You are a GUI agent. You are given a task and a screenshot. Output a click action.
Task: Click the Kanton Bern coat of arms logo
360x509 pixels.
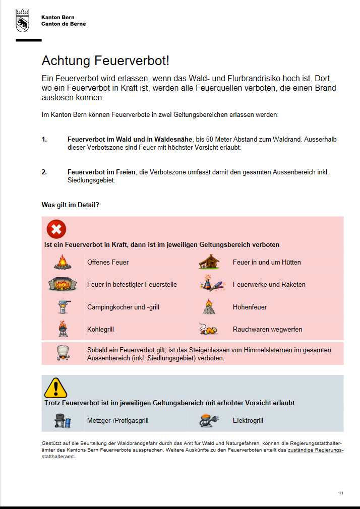[22, 21]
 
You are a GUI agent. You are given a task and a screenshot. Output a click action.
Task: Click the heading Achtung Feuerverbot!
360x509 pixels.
[105, 61]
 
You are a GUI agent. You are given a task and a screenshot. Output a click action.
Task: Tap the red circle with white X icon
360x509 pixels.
[56, 229]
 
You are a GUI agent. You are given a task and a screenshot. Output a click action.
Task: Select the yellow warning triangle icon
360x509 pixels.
[56, 388]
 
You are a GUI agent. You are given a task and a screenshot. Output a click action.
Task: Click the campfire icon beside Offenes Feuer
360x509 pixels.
[63, 262]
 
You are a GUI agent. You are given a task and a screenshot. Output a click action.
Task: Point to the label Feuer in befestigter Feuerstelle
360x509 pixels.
[132, 284]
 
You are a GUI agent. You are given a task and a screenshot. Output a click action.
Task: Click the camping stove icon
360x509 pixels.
[63, 306]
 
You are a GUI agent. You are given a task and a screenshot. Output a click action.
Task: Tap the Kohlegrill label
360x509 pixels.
[100, 329]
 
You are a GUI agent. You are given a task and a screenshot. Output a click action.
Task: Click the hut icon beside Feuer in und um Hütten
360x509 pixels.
[209, 262]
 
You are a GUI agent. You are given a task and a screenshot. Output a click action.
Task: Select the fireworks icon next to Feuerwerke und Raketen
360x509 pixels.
[209, 284]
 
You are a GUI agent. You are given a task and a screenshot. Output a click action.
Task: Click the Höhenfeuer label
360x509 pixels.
[250, 307]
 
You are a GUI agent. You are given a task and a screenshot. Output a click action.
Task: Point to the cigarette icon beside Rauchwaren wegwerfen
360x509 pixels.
[209, 329]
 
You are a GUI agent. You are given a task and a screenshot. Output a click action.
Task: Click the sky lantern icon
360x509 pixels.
[63, 353]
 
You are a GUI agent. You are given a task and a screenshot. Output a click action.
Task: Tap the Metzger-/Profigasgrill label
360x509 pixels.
[117, 420]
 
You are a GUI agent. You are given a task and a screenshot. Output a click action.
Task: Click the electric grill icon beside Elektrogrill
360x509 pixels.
[209, 420]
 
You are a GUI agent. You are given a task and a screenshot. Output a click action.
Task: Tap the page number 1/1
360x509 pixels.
[340, 492]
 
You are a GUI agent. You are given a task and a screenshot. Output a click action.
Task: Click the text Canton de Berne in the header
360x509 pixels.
[64, 24]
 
